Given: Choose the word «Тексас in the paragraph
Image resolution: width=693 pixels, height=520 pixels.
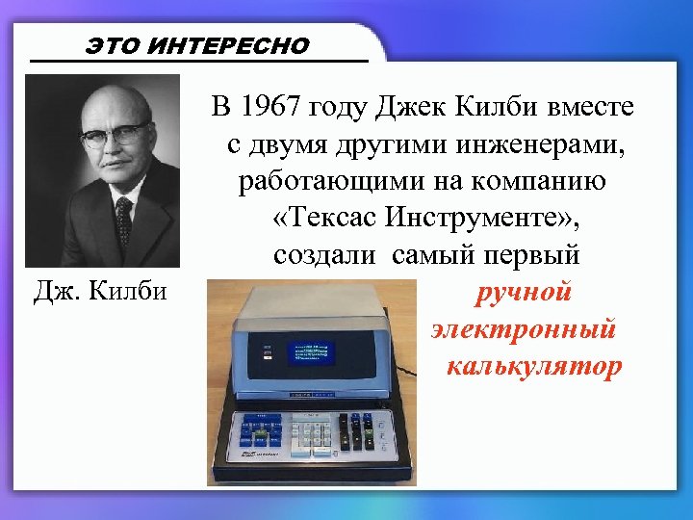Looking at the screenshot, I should (x=319, y=220).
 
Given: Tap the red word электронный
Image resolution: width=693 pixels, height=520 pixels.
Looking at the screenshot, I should (x=524, y=329).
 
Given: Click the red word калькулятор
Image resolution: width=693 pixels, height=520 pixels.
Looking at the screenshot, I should (x=534, y=366).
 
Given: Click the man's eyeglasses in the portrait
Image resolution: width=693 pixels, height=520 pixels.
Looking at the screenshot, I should (x=114, y=134).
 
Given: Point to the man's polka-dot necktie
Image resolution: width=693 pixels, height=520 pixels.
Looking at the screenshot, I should (x=123, y=221).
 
